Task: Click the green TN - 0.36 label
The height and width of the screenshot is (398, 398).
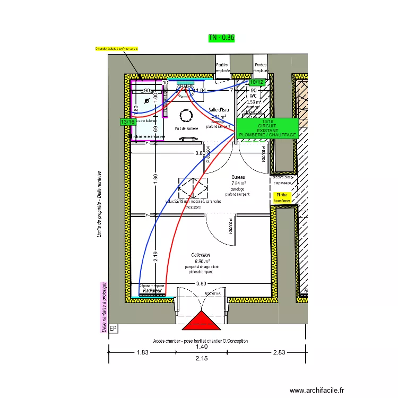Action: [221, 38]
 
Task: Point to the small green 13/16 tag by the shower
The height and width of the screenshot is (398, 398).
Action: [127, 122]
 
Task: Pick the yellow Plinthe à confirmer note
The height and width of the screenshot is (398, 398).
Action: [283, 198]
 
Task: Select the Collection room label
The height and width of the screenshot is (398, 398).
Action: [201, 255]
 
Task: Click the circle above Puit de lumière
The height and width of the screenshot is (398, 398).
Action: [187, 115]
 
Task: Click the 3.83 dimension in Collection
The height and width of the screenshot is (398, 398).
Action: [201, 284]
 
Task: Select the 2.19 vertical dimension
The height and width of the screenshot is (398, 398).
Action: [155, 257]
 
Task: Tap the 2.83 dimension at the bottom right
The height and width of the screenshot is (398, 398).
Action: [279, 352]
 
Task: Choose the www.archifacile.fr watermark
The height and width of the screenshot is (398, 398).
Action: [317, 390]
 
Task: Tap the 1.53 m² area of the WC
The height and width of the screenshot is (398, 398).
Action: [255, 102]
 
